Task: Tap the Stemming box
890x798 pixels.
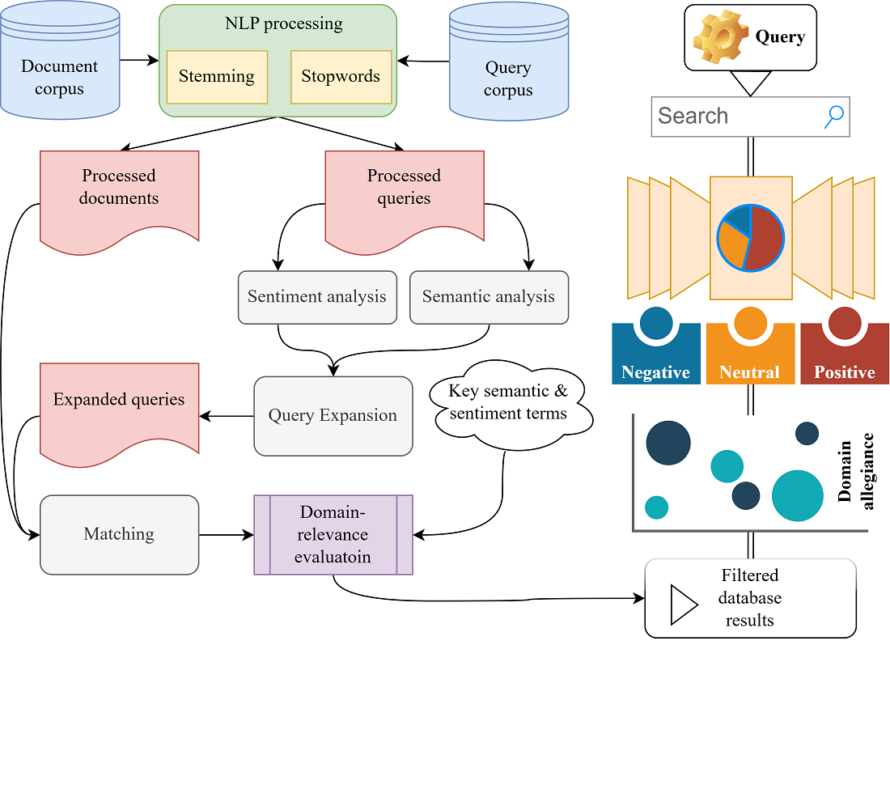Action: pyautogui.click(x=217, y=77)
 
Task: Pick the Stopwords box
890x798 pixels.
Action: pyautogui.click(x=341, y=77)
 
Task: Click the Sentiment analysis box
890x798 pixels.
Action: pyautogui.click(x=317, y=296)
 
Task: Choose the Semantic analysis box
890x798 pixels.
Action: pyautogui.click(x=489, y=296)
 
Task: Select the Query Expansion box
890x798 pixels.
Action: pyautogui.click(x=333, y=416)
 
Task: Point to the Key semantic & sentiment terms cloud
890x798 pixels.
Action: pyautogui.click(x=509, y=403)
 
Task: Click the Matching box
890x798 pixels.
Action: pyautogui.click(x=119, y=535)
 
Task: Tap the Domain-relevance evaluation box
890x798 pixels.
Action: pyautogui.click(x=333, y=535)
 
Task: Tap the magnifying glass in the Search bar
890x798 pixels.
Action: pyautogui.click(x=833, y=117)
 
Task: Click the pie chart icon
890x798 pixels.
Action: pyautogui.click(x=750, y=238)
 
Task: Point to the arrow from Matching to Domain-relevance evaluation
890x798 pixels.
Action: pyautogui.click(x=226, y=535)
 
